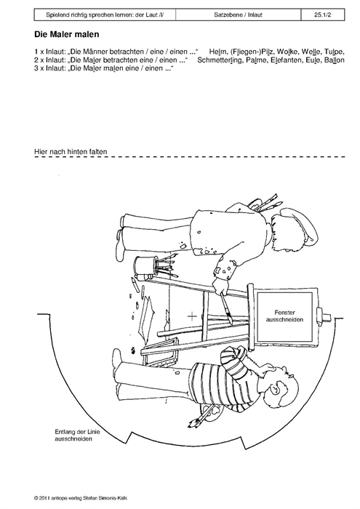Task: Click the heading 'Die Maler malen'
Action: tap(67, 34)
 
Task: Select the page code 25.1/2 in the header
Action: tap(322, 15)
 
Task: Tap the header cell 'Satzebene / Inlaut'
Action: tap(239, 15)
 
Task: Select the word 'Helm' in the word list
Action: tap(217, 52)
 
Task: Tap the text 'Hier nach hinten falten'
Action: tap(71, 151)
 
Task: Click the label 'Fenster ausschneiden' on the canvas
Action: tap(284, 316)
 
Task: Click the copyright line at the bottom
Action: tap(83, 497)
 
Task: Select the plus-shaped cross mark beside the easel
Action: tap(192, 316)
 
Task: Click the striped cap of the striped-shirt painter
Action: tap(232, 359)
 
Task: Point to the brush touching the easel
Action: tap(227, 308)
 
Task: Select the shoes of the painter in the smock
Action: tap(121, 236)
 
